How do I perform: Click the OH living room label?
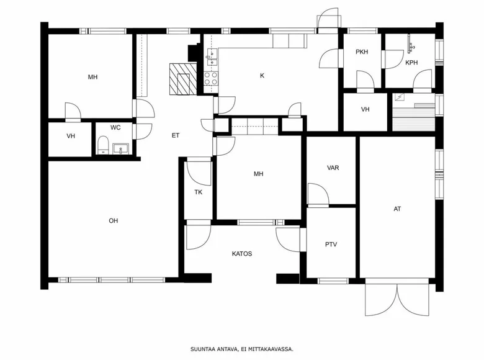tap(114, 221)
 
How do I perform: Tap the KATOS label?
tap(242, 254)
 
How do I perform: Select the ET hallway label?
tap(176, 135)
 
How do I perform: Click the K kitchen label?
tap(262, 76)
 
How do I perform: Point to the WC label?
tap(115, 127)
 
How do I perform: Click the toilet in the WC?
tap(103, 145)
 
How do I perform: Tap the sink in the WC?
tap(120, 149)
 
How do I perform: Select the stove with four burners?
tap(211, 78)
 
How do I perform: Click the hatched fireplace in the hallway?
tap(183, 79)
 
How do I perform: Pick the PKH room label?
tap(362, 52)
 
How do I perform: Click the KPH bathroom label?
tap(411, 63)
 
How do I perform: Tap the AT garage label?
tap(397, 209)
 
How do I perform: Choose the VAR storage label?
tap(333, 168)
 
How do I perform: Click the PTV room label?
tap(331, 245)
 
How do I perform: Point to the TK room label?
tap(199, 192)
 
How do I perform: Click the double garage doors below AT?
tap(397, 298)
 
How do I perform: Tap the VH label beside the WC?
tap(71, 136)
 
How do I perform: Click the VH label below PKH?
tap(365, 109)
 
